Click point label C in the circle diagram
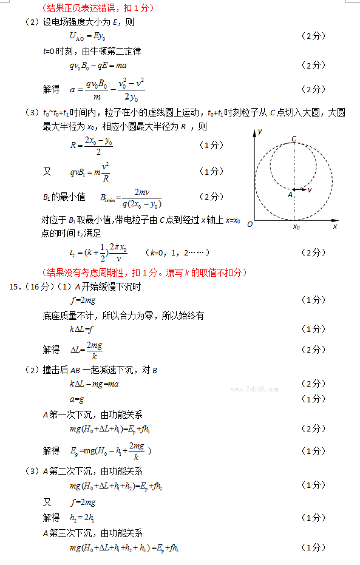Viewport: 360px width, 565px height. [294, 139]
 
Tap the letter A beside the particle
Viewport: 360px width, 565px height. [290, 195]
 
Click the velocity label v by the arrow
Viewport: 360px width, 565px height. [310, 190]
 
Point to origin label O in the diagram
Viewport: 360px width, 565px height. [249, 225]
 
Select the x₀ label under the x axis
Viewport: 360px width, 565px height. [296, 227]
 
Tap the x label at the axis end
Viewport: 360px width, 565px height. [335, 226]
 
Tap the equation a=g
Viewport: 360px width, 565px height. [76, 399]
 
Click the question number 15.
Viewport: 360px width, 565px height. [15, 287]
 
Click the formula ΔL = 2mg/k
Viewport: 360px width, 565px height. [87, 350]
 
